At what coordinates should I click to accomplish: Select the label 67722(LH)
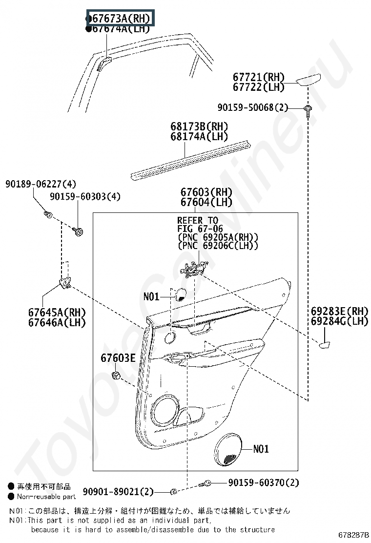[x=258, y=87]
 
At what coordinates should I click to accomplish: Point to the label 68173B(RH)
[x=199, y=126]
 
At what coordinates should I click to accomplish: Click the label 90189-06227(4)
[x=41, y=184]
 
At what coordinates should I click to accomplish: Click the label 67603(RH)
[x=206, y=192]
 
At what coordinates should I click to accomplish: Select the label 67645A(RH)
[x=57, y=313]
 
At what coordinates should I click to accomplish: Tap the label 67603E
[x=118, y=358]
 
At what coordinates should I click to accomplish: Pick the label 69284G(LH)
[x=339, y=321]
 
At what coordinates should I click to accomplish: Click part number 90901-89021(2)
[x=118, y=491]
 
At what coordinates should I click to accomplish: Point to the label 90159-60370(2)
[x=263, y=482]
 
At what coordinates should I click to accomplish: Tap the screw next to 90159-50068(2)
[x=308, y=109]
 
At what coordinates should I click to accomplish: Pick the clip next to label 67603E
[x=117, y=376]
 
